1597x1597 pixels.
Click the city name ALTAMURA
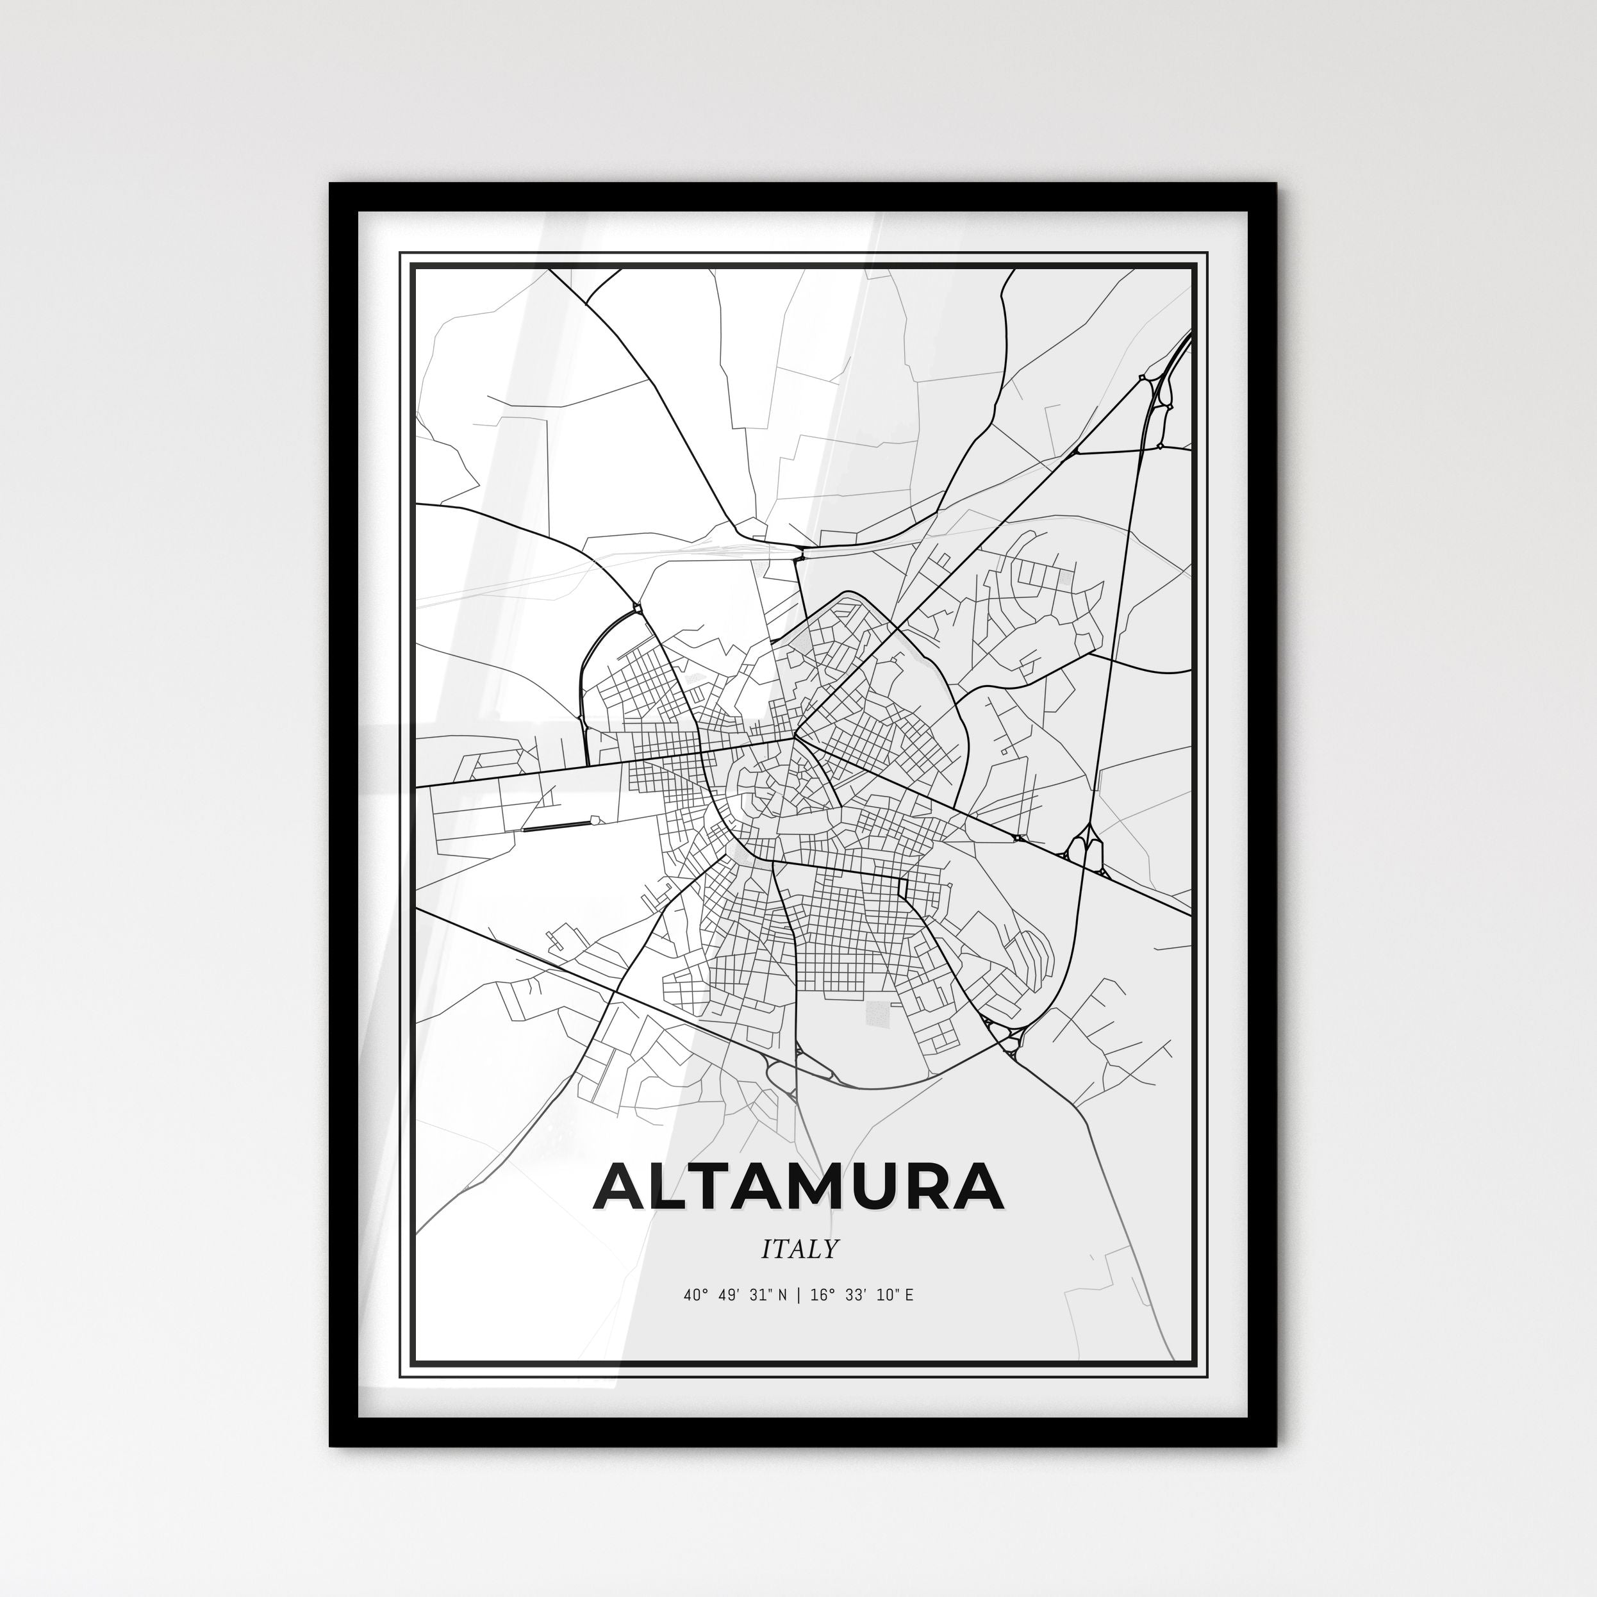pyautogui.click(x=798, y=1186)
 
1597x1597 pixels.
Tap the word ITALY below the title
pyautogui.click(x=799, y=1248)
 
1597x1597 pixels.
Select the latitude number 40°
pyautogui.click(x=696, y=1295)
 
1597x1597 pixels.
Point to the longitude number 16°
pyautogui.click(x=821, y=1295)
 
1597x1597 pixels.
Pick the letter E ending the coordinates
pyautogui.click(x=909, y=1295)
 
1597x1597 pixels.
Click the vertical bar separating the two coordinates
pyautogui.click(x=798, y=1295)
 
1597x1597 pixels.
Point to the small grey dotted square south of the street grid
pyautogui.click(x=878, y=1014)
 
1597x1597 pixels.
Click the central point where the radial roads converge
pyautogui.click(x=795, y=735)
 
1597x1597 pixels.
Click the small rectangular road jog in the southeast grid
pyautogui.click(x=903, y=888)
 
